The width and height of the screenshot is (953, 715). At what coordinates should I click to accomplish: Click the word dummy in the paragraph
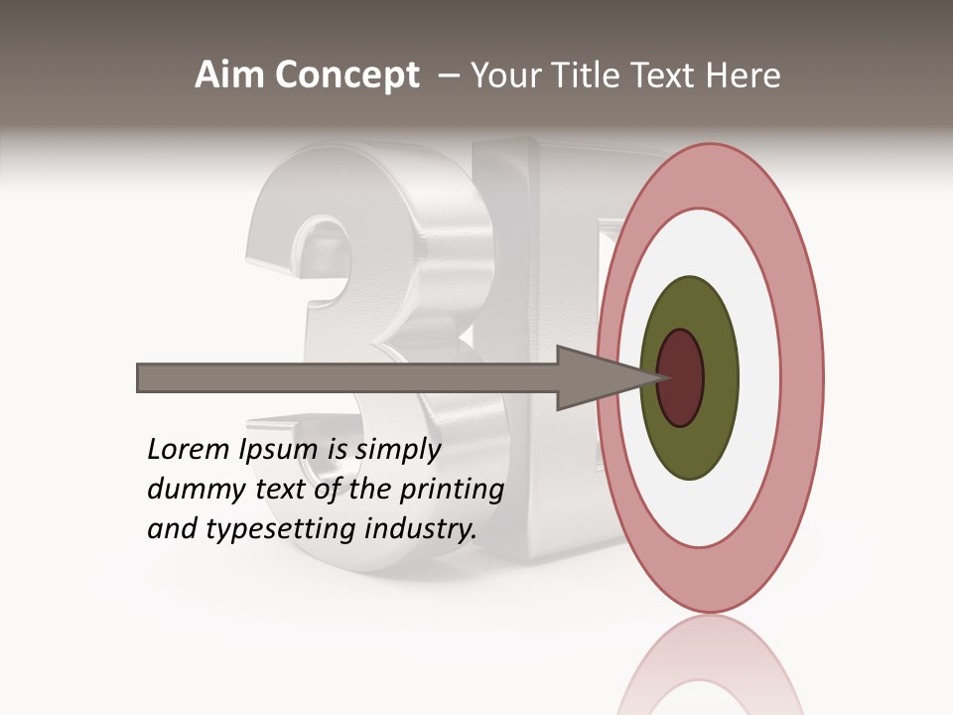point(186,490)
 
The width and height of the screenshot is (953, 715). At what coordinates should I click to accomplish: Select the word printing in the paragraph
point(451,490)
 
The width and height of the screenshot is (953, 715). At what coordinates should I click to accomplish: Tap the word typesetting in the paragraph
point(281,529)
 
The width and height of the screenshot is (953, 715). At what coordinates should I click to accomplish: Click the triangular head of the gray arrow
point(596,377)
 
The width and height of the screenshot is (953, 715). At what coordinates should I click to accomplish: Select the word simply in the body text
point(397,450)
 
